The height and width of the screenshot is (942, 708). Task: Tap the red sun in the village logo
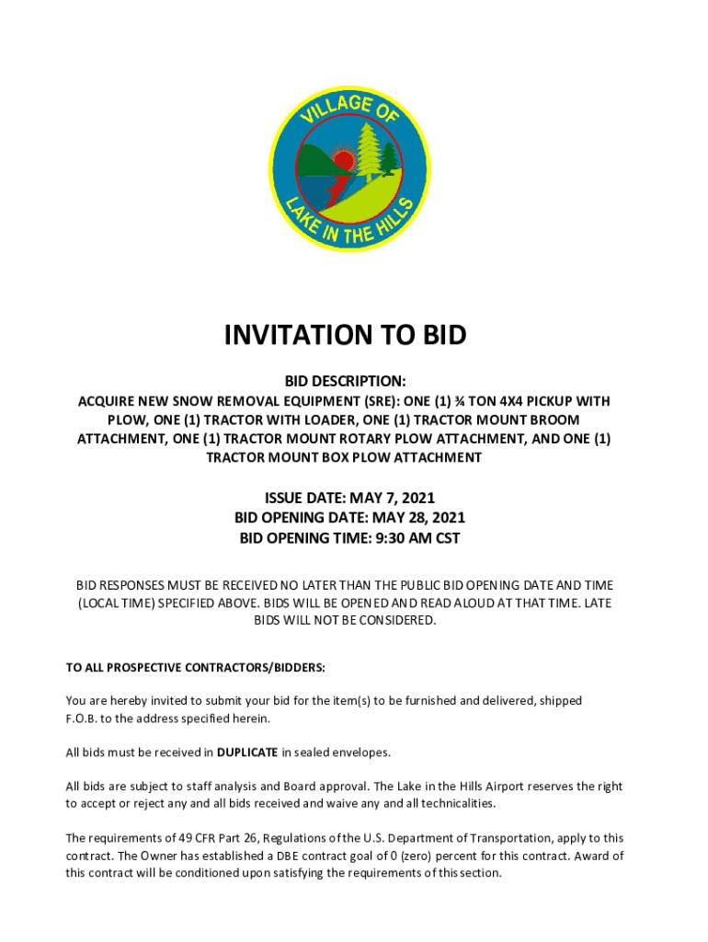click(343, 162)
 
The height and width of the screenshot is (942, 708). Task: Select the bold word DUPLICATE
click(247, 752)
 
